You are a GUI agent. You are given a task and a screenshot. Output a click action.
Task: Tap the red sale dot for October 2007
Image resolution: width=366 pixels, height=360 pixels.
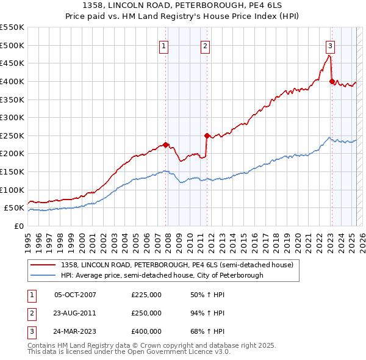pos(165,145)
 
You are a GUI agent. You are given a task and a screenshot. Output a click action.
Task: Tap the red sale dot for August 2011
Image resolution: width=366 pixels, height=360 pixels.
pos(207,135)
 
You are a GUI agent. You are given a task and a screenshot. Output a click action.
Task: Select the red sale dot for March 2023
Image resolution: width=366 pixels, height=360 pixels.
pos(332,81)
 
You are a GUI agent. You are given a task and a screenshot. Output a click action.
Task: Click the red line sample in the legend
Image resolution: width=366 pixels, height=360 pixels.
pos(43,265)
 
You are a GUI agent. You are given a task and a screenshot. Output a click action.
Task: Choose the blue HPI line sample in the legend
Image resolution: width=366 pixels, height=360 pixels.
pos(43,276)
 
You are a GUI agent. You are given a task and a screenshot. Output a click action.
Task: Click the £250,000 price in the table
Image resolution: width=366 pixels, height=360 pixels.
pos(146,314)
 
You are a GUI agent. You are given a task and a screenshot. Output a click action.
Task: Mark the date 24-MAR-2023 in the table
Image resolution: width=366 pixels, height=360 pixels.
pos(76,332)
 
